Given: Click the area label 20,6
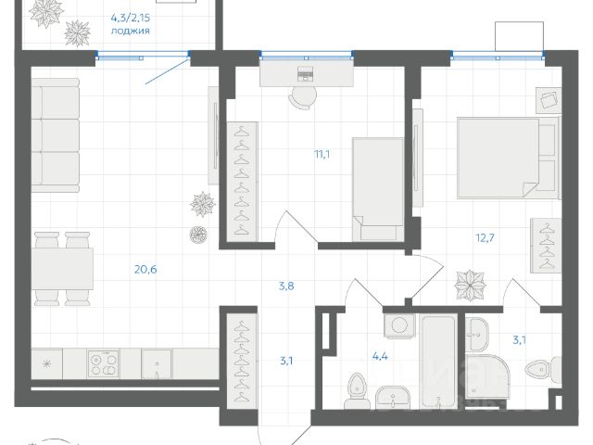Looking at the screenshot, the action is [x=145, y=270].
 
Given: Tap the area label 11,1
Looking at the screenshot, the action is [x=322, y=154].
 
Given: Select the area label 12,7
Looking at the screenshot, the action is [x=485, y=238].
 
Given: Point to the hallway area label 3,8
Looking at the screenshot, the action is [x=286, y=286].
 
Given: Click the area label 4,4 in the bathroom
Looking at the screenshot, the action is [x=380, y=356].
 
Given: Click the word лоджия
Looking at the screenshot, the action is [x=130, y=31].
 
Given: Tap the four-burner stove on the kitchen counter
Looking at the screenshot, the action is [x=103, y=363].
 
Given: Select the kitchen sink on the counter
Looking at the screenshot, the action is [x=157, y=363].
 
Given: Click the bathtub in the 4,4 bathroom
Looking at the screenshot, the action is [x=438, y=362].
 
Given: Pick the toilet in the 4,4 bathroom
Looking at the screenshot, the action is [x=356, y=391].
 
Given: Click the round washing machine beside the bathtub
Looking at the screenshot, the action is [x=399, y=325].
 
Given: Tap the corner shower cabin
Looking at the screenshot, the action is [x=485, y=376].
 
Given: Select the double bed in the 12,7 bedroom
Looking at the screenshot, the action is [x=509, y=158].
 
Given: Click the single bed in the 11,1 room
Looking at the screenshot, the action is [x=378, y=189].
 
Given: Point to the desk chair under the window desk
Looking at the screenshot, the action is [x=303, y=96].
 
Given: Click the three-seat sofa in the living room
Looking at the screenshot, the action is [x=56, y=135].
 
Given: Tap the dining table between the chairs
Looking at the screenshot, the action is [x=62, y=269].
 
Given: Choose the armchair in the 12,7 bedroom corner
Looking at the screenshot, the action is [x=549, y=100].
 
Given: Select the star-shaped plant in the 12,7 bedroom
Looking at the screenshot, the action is [x=470, y=285].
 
